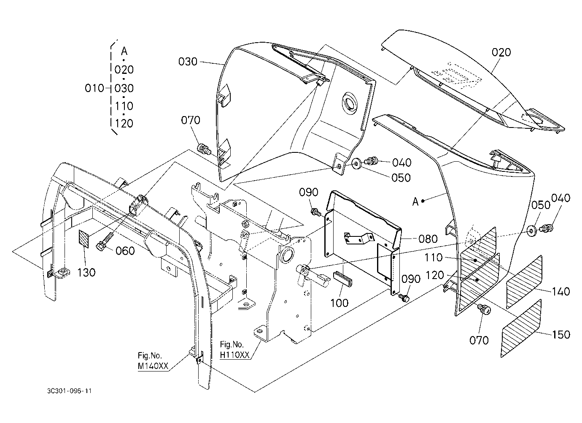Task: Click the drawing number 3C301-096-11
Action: pyautogui.click(x=69, y=391)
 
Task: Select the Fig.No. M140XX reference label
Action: pyautogui.click(x=153, y=361)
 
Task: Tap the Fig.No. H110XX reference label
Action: pyautogui.click(x=234, y=350)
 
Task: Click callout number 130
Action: pyautogui.click(x=86, y=272)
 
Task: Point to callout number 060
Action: pyautogui.click(x=125, y=251)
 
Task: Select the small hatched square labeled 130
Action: pyautogui.click(x=84, y=239)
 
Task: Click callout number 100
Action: pyautogui.click(x=339, y=303)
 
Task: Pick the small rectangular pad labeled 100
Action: pyautogui.click(x=343, y=279)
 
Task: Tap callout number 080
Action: pyautogui.click(x=428, y=239)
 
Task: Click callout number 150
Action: pyautogui.click(x=561, y=334)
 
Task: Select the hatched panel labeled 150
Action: pyautogui.click(x=521, y=328)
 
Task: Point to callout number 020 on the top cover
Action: pyautogui.click(x=501, y=52)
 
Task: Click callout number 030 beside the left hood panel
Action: pyautogui.click(x=188, y=62)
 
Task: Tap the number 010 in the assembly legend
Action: pyautogui.click(x=94, y=89)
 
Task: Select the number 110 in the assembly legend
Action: pyautogui.click(x=124, y=106)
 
